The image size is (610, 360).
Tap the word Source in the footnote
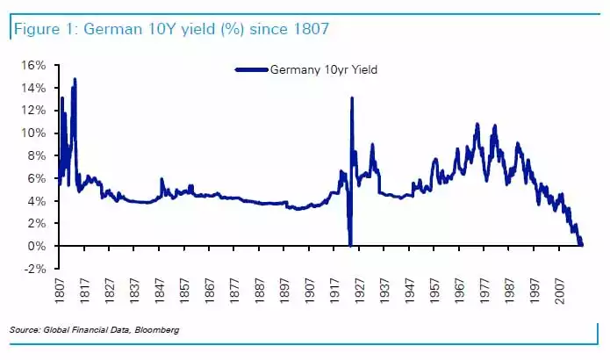[25, 329]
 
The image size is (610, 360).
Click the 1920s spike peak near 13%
[352, 97]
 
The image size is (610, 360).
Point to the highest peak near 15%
[75, 79]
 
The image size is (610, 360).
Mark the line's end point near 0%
[581, 245]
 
